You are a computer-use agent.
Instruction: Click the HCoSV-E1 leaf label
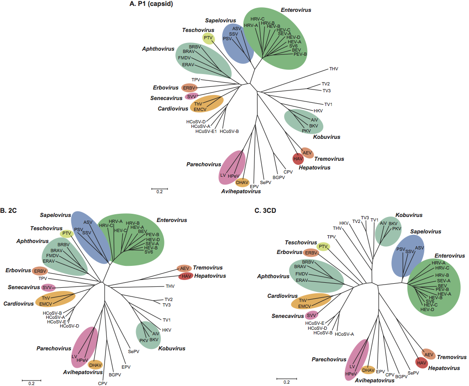206,132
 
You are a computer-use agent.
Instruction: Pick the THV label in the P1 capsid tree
334,69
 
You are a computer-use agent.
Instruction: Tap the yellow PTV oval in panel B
67,233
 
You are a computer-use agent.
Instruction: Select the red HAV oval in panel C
422,363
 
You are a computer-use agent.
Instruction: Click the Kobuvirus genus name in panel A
327,137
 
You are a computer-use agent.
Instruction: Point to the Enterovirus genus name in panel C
450,256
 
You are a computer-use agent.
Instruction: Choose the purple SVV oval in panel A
191,97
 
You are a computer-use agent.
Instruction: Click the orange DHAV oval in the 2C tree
95,365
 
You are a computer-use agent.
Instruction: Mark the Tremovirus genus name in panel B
208,267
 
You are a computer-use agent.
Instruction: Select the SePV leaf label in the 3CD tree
413,373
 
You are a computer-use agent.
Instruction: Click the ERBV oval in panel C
311,253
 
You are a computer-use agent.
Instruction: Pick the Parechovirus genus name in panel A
201,164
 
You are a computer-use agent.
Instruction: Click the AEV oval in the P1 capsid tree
307,153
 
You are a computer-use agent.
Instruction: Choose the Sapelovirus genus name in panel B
55,215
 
